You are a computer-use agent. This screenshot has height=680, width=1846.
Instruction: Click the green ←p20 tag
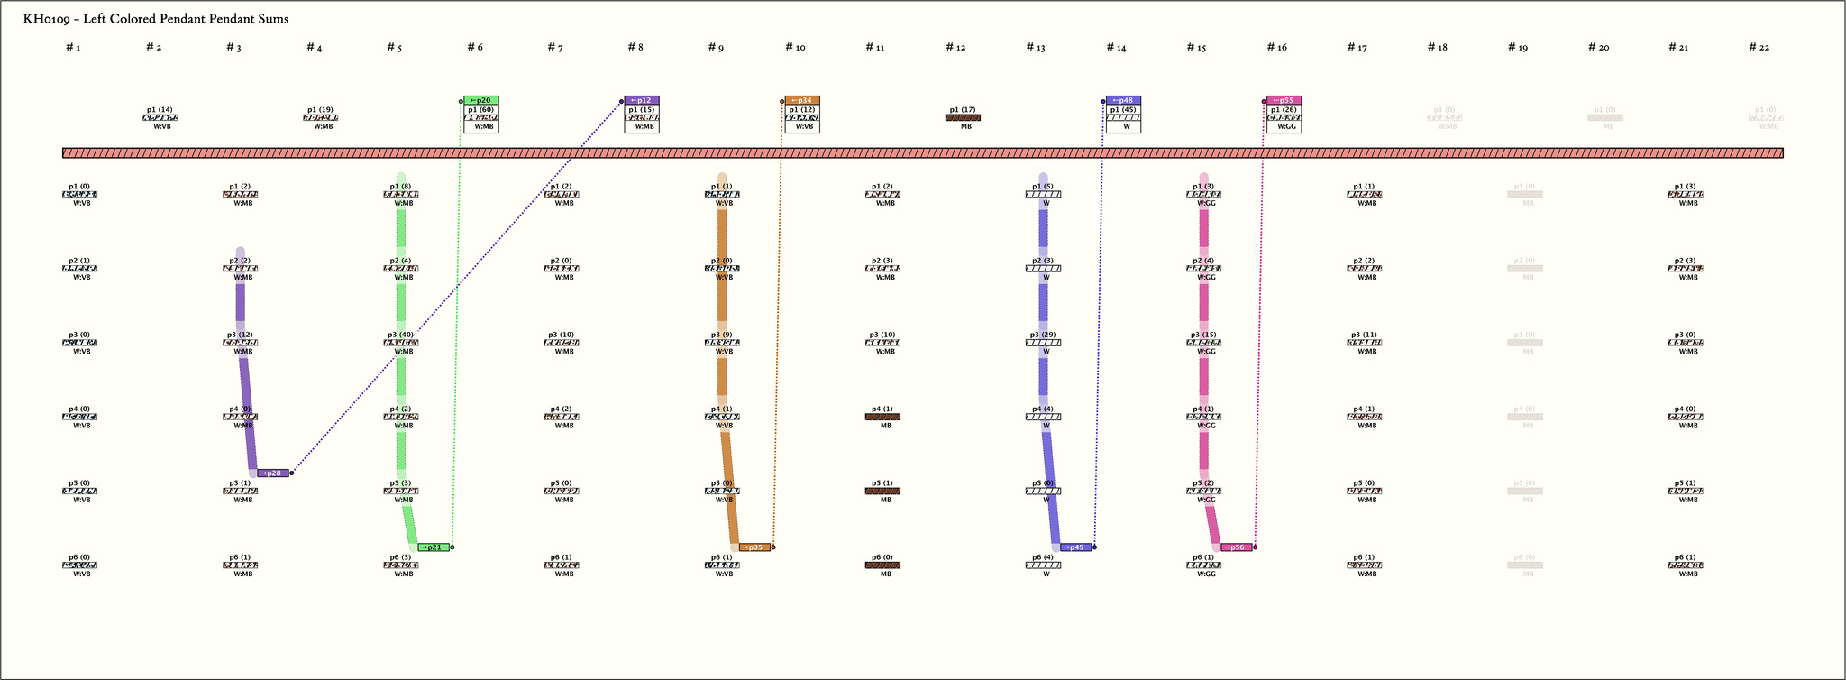click(481, 101)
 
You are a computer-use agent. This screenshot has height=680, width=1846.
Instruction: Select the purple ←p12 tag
click(642, 101)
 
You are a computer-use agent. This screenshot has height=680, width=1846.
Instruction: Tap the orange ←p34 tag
click(802, 101)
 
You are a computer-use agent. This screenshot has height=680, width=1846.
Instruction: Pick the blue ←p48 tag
click(1123, 101)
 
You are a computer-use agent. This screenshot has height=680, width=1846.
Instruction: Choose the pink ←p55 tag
click(1284, 101)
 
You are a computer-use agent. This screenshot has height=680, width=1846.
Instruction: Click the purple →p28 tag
click(273, 473)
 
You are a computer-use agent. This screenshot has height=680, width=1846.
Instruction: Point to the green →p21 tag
click(434, 547)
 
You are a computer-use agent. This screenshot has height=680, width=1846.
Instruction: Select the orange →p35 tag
click(754, 547)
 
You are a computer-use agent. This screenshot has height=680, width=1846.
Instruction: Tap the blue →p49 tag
click(1075, 547)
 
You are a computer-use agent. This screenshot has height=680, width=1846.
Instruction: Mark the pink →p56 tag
click(1236, 547)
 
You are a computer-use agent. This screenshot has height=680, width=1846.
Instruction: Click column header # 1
click(73, 48)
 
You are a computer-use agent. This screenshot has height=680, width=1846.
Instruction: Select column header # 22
click(1759, 48)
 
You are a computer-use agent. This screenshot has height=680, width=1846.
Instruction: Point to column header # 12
click(955, 48)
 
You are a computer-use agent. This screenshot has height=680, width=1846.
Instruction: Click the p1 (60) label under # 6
click(480, 110)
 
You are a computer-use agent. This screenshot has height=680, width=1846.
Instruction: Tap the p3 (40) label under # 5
click(400, 335)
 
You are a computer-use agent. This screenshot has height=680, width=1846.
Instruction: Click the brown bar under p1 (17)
click(963, 117)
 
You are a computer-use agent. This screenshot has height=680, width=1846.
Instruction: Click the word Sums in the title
click(271, 19)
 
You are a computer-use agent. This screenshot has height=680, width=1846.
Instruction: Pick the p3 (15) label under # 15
click(1203, 335)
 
